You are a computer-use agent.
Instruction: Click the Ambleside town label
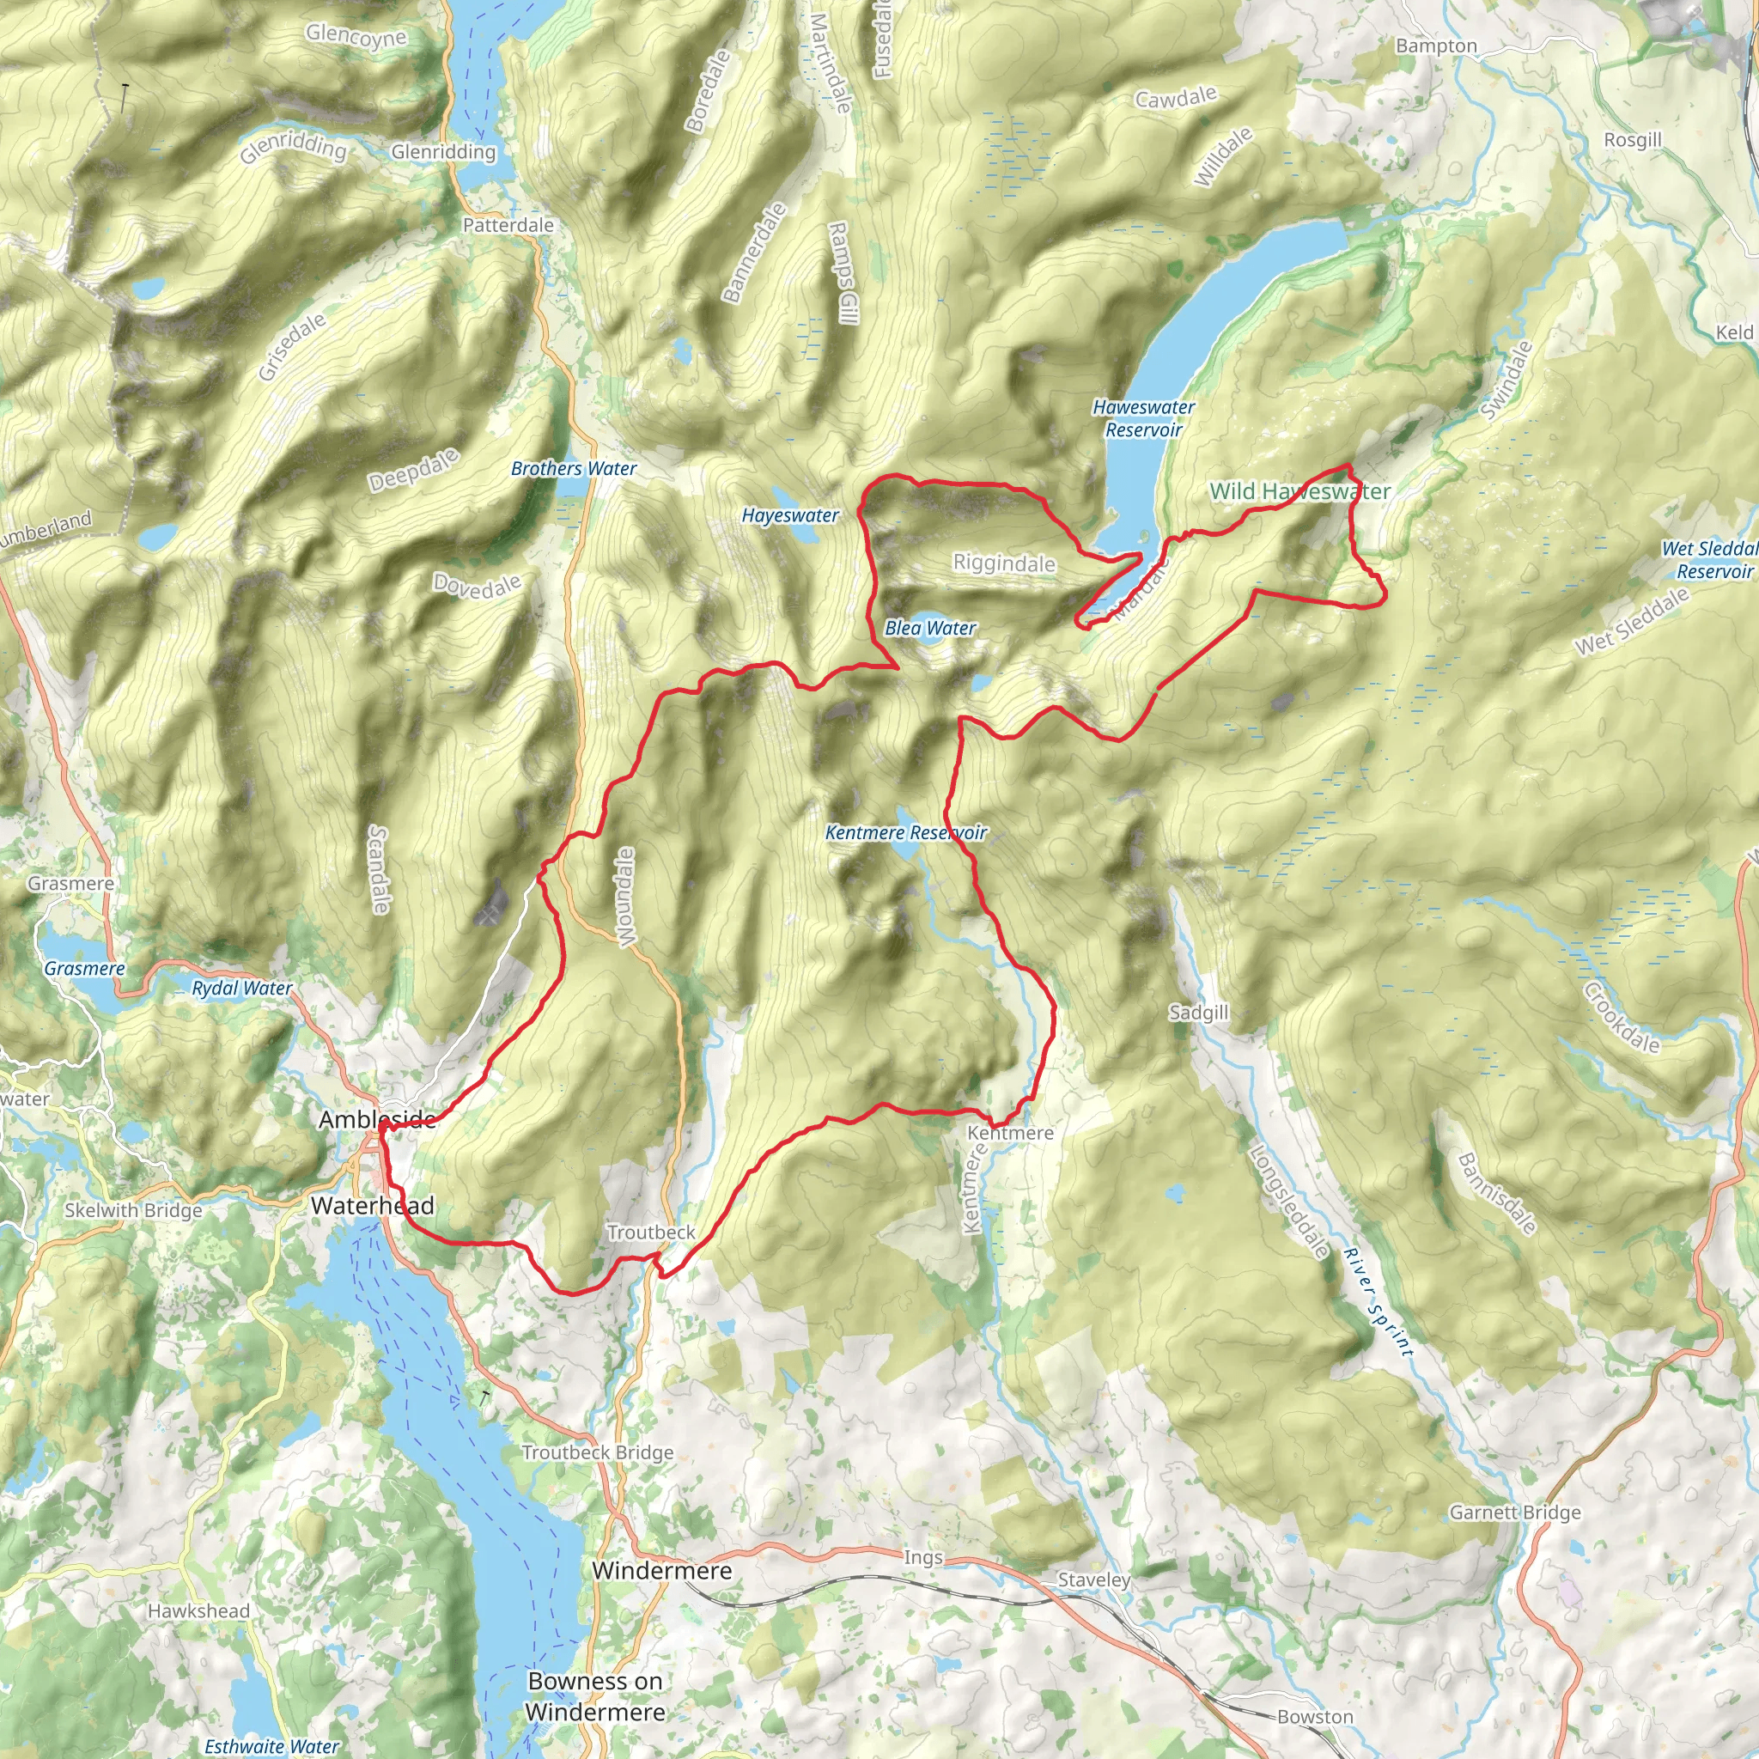(x=377, y=1120)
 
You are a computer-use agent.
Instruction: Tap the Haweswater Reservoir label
(x=1143, y=419)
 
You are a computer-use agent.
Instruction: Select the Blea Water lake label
(x=929, y=628)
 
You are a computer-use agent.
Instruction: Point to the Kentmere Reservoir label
(x=906, y=833)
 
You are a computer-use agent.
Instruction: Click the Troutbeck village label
(x=651, y=1233)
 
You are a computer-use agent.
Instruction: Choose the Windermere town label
(x=662, y=1571)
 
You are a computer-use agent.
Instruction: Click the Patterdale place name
(x=508, y=225)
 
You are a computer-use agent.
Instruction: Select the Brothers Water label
(x=574, y=469)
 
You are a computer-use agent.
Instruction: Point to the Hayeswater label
(x=790, y=515)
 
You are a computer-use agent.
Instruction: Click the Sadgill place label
(x=1198, y=1013)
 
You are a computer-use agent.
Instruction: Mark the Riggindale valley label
(x=1004, y=563)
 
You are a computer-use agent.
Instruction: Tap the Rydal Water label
(x=242, y=989)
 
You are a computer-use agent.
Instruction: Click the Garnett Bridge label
(x=1515, y=1512)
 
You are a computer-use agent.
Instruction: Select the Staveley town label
(x=1093, y=1579)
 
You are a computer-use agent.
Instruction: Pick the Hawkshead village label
(x=198, y=1610)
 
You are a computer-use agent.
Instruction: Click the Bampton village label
(x=1436, y=46)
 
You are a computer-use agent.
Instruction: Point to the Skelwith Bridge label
(x=133, y=1211)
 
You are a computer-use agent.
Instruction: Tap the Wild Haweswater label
(x=1299, y=491)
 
